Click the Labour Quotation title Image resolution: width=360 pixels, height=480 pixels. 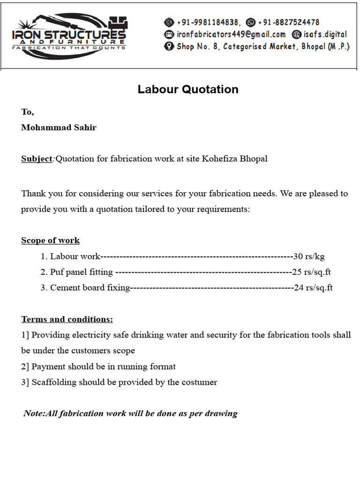coord(188,90)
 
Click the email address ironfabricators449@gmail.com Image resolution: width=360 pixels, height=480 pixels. coord(231,34)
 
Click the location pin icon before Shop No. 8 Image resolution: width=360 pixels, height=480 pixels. coord(169,46)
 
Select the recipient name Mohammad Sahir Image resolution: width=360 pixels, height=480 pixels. coord(59,127)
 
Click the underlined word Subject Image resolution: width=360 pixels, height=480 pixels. coord(37,158)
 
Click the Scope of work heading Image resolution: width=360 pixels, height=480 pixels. coord(50,240)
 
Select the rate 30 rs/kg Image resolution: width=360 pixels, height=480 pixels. coord(309,256)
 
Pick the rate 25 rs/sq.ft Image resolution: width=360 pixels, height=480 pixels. coord(312,272)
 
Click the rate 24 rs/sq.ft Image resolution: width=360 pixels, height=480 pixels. coord(313,288)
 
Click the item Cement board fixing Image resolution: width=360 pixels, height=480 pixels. coord(90,288)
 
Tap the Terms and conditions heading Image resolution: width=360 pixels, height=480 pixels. coord(67,320)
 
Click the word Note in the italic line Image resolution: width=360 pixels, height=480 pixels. coord(34,413)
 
